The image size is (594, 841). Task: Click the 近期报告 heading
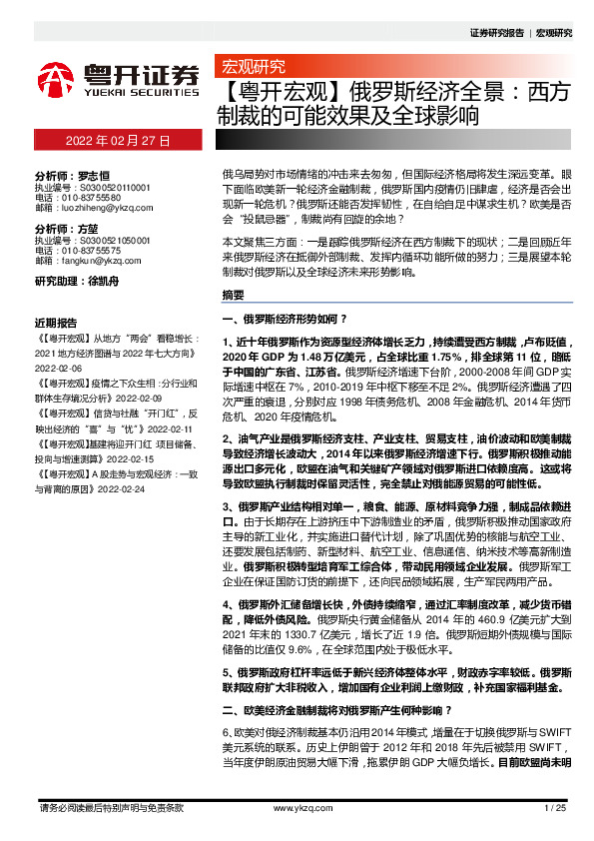coord(55,323)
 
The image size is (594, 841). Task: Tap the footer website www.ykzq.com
coord(297,807)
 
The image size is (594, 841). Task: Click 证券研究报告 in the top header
coord(496,32)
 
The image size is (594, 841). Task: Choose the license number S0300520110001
coord(107,185)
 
